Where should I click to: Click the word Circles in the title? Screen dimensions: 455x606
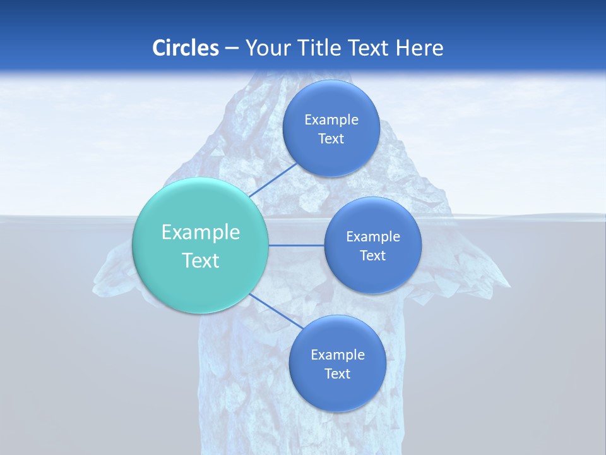click(x=185, y=48)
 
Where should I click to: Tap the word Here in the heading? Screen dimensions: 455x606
click(x=420, y=48)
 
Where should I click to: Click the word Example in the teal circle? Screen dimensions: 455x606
click(x=201, y=233)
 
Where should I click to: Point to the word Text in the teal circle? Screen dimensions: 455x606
click(x=201, y=260)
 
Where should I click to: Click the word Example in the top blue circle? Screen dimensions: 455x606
click(x=331, y=119)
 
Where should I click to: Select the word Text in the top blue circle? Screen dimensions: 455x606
click(x=331, y=138)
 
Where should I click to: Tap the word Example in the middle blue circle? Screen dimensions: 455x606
click(x=373, y=236)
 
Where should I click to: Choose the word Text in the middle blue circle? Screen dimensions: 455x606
click(x=372, y=255)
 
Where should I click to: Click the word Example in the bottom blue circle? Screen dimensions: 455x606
click(x=338, y=355)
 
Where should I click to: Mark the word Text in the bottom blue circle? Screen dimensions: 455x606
click(x=337, y=373)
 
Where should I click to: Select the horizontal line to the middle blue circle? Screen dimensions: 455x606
click(x=297, y=245)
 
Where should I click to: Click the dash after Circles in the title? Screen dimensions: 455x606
click(x=232, y=48)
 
